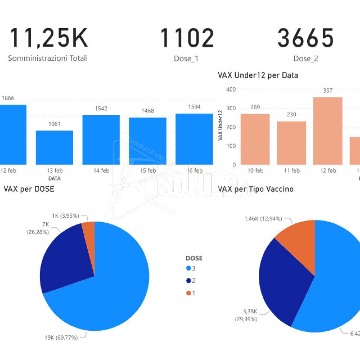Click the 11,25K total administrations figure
point(48,38)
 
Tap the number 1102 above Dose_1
point(187,38)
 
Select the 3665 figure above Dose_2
point(305,38)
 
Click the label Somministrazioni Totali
point(48,58)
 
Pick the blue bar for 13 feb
point(54,147)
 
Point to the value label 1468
point(148,111)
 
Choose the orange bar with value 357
point(328,131)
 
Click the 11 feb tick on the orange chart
point(291,171)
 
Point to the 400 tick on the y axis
point(231,89)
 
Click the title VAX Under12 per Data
point(258,75)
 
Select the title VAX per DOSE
point(29,189)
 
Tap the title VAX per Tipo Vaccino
point(256,189)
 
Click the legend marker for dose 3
point(188,268)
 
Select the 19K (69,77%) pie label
point(60,337)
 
